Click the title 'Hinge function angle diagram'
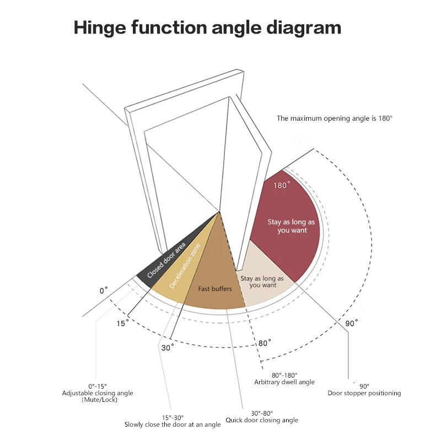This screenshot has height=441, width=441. [x=207, y=28]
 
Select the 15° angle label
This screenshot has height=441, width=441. [x=122, y=324]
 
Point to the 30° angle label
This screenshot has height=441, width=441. [x=168, y=348]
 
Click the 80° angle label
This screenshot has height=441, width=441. [x=265, y=343]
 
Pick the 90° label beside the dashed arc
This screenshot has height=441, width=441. [x=352, y=322]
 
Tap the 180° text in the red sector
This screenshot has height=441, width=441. [x=282, y=185]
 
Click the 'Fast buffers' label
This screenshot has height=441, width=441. [x=215, y=289]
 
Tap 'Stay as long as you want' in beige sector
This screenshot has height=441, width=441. [x=262, y=282]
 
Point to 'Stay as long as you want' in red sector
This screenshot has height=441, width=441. [x=292, y=226]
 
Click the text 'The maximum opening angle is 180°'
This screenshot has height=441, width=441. [x=335, y=118]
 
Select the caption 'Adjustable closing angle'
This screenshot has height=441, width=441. [x=98, y=393]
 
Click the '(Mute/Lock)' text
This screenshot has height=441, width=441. [x=98, y=400]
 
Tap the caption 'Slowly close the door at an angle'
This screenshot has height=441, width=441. [x=173, y=424]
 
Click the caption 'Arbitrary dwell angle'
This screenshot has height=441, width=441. [x=284, y=382]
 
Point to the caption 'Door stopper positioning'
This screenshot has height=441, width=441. [x=364, y=393]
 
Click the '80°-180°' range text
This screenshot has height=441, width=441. [x=284, y=375]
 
